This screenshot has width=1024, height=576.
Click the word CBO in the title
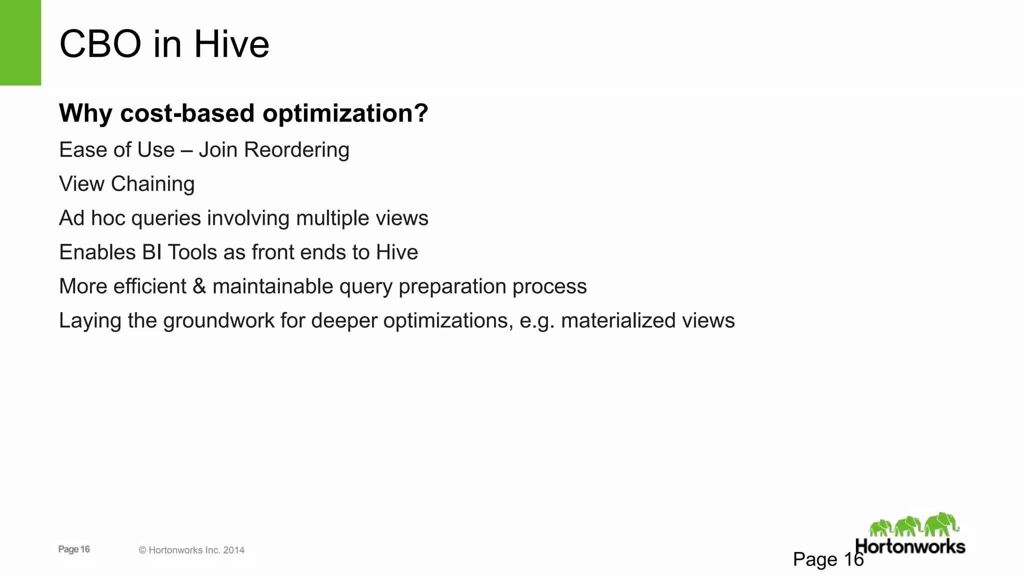[x=100, y=44]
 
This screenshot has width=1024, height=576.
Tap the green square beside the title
[x=20, y=42]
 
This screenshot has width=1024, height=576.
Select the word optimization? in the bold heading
[x=345, y=113]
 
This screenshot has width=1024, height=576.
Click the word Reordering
[x=296, y=150]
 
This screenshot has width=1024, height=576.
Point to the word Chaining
[x=152, y=184]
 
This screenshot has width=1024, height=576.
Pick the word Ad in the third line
[x=71, y=218]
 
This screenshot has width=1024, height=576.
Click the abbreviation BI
[x=152, y=252]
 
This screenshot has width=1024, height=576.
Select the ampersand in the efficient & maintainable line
[x=199, y=286]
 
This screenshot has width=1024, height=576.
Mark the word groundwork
[x=218, y=321]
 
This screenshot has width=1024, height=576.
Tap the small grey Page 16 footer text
[x=74, y=549]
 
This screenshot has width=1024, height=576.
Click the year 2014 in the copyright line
[x=234, y=550]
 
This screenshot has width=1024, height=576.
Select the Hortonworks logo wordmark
[x=910, y=546]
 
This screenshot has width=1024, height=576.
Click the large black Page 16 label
[x=828, y=559]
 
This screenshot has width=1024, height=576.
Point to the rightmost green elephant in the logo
[x=941, y=524]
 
